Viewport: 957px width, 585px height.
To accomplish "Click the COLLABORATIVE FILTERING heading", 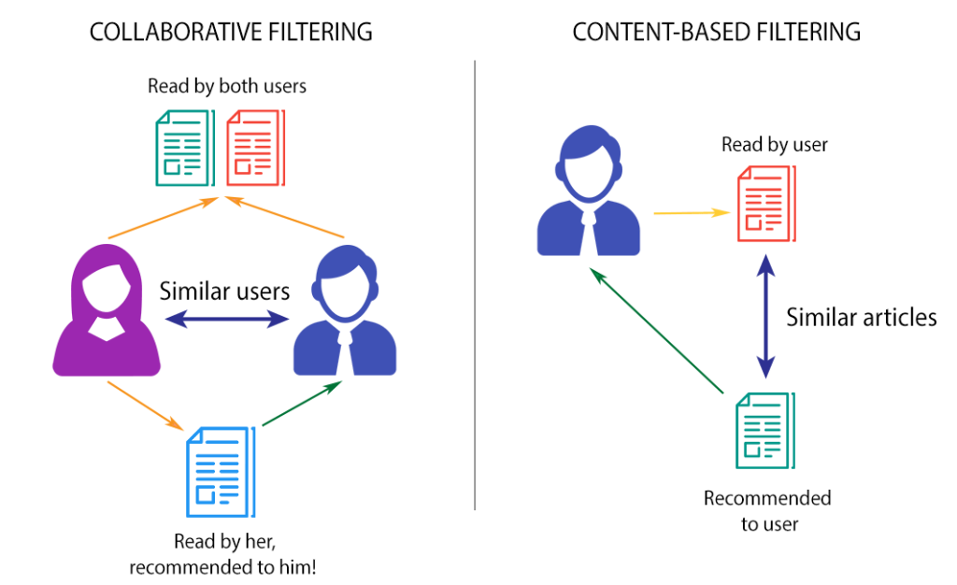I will tap(230, 32).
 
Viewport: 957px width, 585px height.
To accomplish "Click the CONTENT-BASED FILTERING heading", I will tap(716, 32).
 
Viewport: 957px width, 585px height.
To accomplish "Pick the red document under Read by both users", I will tap(255, 147).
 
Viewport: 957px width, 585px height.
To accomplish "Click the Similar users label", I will tap(224, 291).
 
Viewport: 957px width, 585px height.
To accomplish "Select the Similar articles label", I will tap(861, 317).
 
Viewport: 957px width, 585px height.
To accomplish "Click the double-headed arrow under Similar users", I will tap(224, 320).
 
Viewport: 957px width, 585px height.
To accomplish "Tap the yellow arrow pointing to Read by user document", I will tap(691, 213).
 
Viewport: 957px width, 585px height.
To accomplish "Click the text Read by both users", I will tap(227, 86).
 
